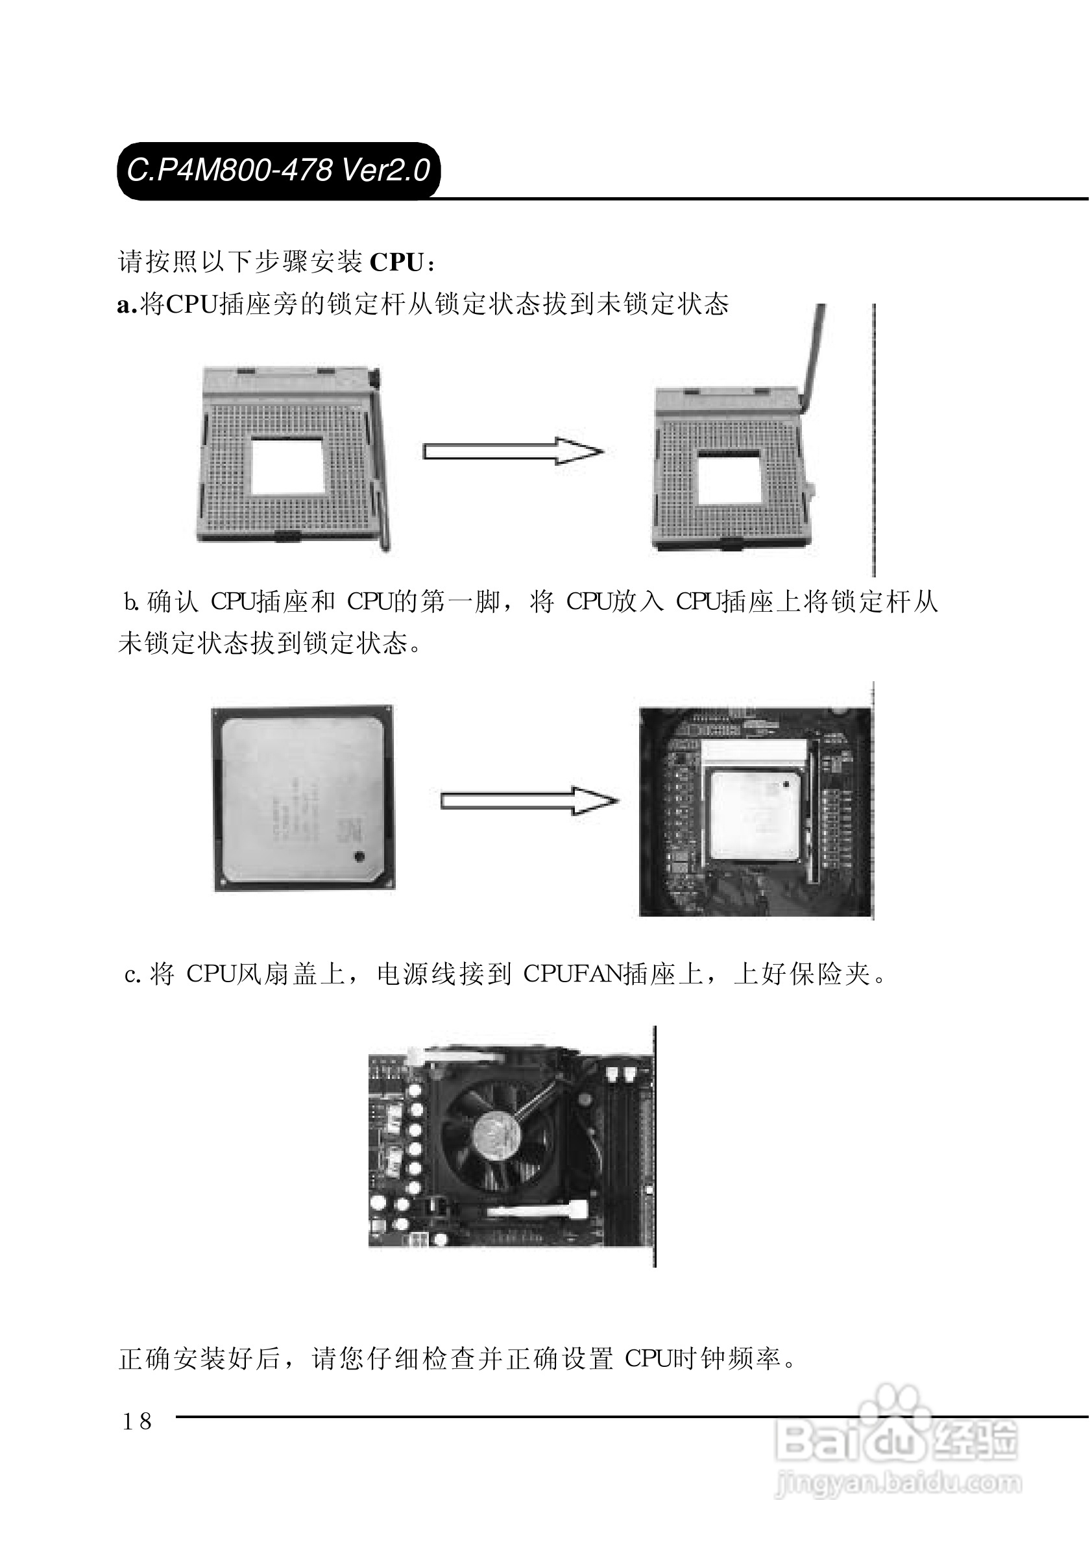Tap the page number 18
[137, 1421]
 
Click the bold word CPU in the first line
[396, 262]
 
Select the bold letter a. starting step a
[127, 306]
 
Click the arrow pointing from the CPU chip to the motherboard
[529, 801]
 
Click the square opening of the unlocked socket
[729, 478]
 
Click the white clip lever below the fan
[535, 1211]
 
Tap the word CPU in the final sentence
[648, 1359]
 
